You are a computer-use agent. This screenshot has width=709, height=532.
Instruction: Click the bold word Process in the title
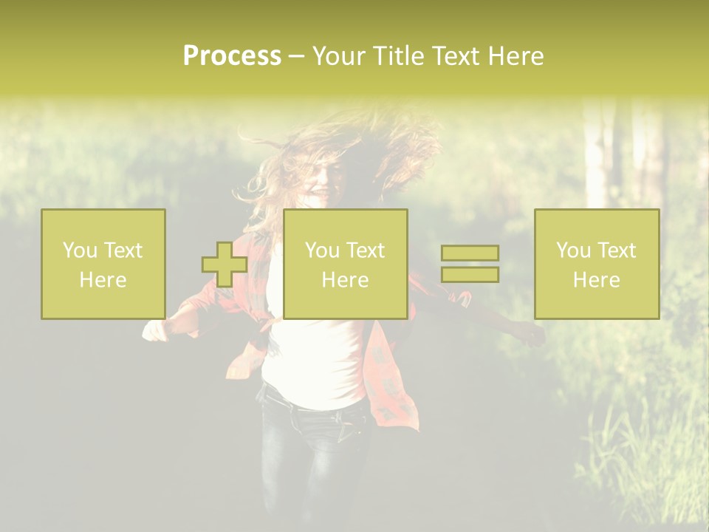(232, 56)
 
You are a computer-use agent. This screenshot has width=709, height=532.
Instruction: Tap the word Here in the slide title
(516, 56)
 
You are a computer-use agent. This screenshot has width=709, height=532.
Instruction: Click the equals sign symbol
(470, 264)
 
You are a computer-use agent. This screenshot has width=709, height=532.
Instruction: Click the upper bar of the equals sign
(470, 253)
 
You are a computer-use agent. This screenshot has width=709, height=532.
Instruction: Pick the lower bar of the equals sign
(470, 274)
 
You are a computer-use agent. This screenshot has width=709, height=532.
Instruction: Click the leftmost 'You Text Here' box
(103, 264)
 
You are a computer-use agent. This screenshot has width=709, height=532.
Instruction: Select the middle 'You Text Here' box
(346, 264)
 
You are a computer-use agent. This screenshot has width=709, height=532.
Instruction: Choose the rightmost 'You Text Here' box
(597, 264)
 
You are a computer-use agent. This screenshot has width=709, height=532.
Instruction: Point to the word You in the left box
(80, 250)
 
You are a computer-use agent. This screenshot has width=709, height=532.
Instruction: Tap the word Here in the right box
(597, 280)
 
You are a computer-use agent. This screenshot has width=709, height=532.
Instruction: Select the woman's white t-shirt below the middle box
(314, 362)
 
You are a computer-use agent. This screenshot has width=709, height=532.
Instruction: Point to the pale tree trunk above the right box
(595, 155)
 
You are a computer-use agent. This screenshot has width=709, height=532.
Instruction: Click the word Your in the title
(340, 56)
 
